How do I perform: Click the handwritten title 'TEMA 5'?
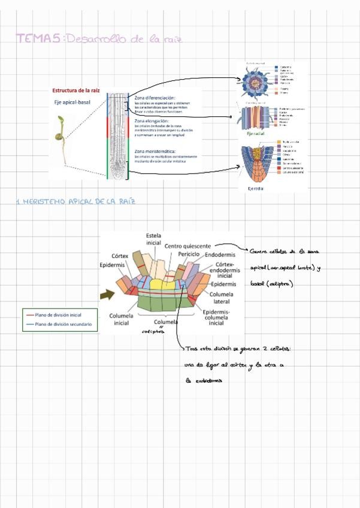[38, 39]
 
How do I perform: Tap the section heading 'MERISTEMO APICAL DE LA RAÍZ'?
[75, 201]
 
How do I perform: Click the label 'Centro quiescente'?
[187, 246]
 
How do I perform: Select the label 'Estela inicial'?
[153, 240]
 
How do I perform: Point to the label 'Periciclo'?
[189, 255]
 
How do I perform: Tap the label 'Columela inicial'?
[122, 319]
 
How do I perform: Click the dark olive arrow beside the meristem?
[108, 294]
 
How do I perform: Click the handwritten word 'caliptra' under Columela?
[153, 330]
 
